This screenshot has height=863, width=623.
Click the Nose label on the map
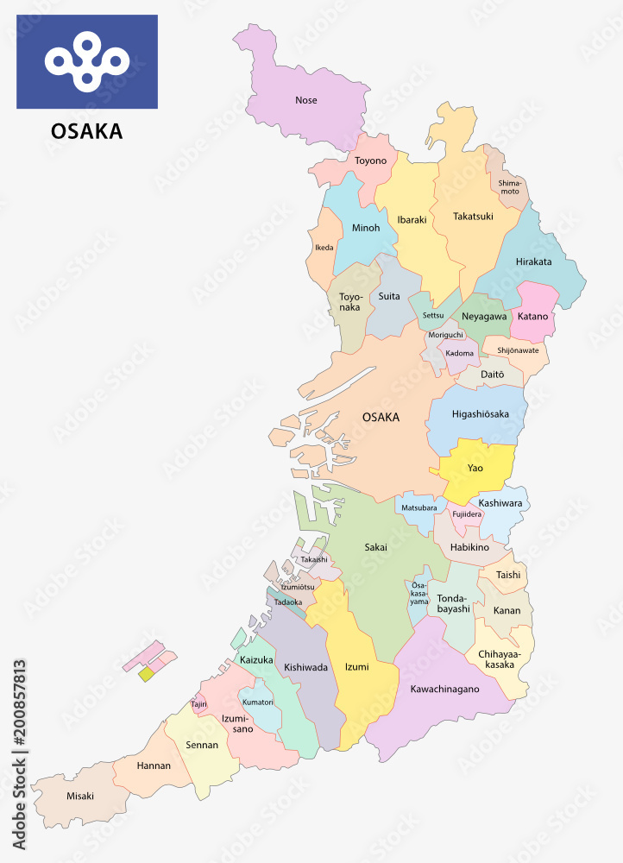[x=305, y=100]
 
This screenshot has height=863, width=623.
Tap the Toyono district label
[x=370, y=161]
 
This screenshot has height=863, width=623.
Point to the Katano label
[x=532, y=316]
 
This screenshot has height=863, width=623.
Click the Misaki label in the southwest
[x=79, y=796]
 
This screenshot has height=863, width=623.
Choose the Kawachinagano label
[x=444, y=689]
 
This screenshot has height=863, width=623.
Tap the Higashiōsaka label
[x=480, y=414]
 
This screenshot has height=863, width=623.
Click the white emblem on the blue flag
[x=86, y=61]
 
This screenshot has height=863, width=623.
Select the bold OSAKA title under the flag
[x=86, y=132]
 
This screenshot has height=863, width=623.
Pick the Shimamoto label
[x=509, y=186]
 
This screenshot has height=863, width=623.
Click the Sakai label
[x=375, y=546]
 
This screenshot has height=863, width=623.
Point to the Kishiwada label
[x=306, y=667]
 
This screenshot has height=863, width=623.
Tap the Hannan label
[x=154, y=765]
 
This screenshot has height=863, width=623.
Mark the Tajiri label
[x=199, y=704]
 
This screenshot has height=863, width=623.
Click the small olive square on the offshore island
[x=147, y=674]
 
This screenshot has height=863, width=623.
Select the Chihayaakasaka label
[x=500, y=660]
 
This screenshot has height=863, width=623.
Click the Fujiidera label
[x=467, y=514]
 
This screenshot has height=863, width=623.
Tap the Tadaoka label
[x=287, y=602]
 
